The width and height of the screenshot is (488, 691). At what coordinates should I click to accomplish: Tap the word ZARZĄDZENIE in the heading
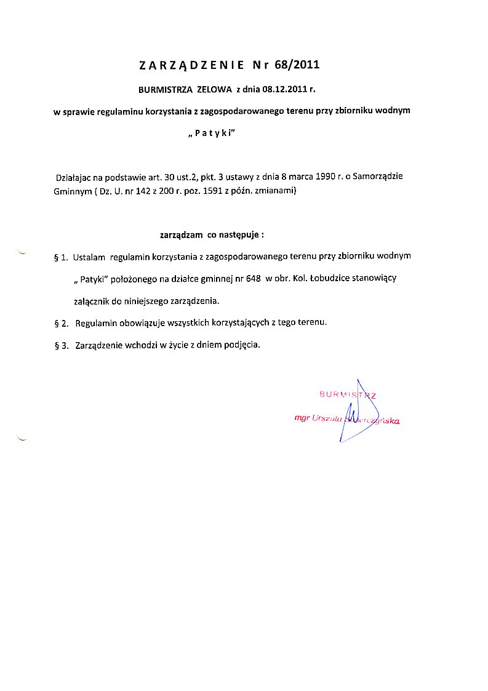(x=192, y=65)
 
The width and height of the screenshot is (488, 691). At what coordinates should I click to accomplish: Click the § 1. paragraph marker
(x=60, y=256)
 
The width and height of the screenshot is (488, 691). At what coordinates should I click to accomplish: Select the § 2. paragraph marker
(x=60, y=323)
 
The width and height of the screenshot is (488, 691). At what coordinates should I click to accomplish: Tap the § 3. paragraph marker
(x=60, y=345)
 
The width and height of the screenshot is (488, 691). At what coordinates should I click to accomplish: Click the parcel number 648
(x=253, y=278)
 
